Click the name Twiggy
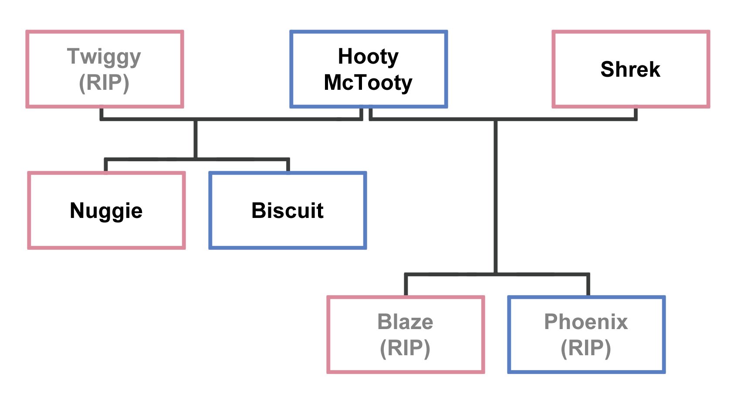(104, 57)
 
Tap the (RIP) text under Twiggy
(104, 82)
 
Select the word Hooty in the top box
(368, 56)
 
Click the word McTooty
(368, 82)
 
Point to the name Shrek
(630, 69)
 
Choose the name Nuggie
(106, 211)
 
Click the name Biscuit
(288, 211)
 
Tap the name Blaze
(405, 322)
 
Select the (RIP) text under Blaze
(405, 348)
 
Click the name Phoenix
(586, 322)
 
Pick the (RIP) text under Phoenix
(586, 348)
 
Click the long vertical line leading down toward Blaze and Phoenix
(496, 196)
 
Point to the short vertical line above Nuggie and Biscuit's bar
(196, 139)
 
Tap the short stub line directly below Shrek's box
(636, 113)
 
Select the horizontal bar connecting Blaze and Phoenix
(453, 275)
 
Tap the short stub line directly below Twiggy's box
(101, 113)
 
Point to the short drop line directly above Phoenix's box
(588, 286)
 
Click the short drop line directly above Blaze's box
(406, 286)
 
